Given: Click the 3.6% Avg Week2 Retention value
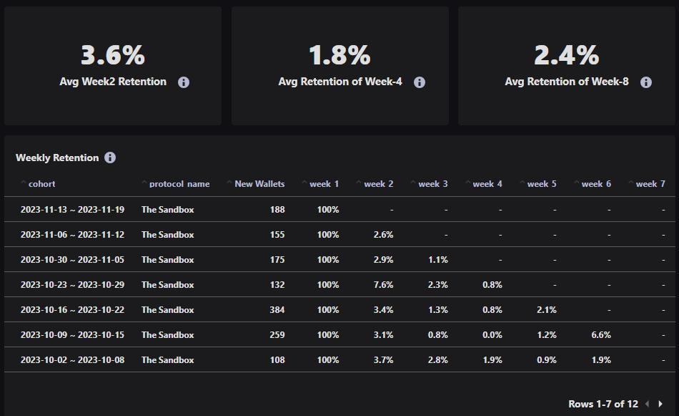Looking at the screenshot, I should coord(112,55).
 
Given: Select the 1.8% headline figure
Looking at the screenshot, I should coord(339,55).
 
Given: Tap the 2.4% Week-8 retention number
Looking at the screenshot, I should coord(566,55).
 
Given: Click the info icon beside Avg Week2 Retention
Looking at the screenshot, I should coord(184,82).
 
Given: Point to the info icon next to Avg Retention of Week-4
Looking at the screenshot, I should coord(420,82).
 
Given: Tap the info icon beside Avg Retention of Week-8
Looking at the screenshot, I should coord(646,82).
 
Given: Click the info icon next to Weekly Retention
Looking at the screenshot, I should coord(110,158).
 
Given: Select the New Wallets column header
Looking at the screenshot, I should coord(259,184).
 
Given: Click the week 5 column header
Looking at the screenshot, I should coord(542,184).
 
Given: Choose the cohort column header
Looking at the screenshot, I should coord(41,184).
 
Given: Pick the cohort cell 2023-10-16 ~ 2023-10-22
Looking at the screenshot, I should coord(72,310).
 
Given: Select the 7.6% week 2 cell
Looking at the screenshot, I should coord(383,285).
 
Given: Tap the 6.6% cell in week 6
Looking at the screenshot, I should coord(601,335).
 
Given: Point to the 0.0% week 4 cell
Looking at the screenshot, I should coord(492,335).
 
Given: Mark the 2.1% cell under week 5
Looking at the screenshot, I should coord(547,310).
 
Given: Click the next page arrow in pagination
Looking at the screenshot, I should coord(660,405).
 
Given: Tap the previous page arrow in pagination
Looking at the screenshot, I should coord(647,405).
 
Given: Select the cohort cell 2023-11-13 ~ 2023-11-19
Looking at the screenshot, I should coord(72,210).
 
